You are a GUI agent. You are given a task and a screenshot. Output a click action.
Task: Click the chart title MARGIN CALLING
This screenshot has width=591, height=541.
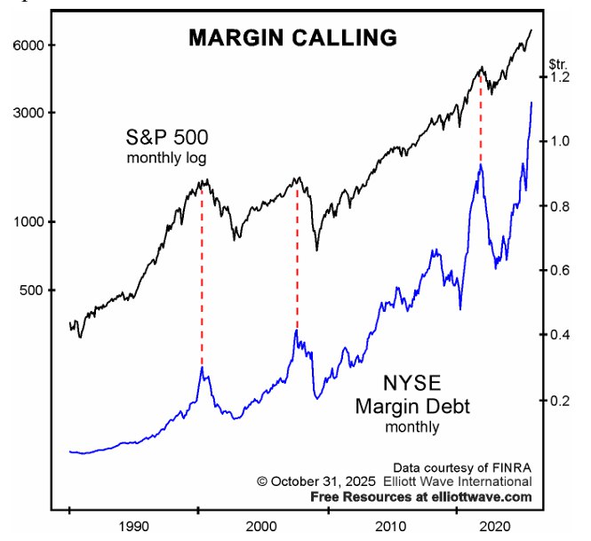[292, 37]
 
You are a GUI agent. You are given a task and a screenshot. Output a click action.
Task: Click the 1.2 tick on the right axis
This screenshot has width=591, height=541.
[558, 77]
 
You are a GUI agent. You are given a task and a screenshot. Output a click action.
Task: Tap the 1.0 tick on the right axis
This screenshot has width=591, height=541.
[558, 141]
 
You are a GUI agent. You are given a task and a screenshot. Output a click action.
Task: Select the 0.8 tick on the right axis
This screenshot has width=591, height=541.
[558, 206]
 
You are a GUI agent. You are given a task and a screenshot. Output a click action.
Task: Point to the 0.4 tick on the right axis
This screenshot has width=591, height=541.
[558, 335]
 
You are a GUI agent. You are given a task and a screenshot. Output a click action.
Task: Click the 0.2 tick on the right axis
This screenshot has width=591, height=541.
[558, 401]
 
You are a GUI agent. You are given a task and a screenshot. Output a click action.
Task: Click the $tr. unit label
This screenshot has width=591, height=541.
[558, 63]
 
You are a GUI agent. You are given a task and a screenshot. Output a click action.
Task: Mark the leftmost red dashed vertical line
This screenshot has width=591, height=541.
[202, 275]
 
